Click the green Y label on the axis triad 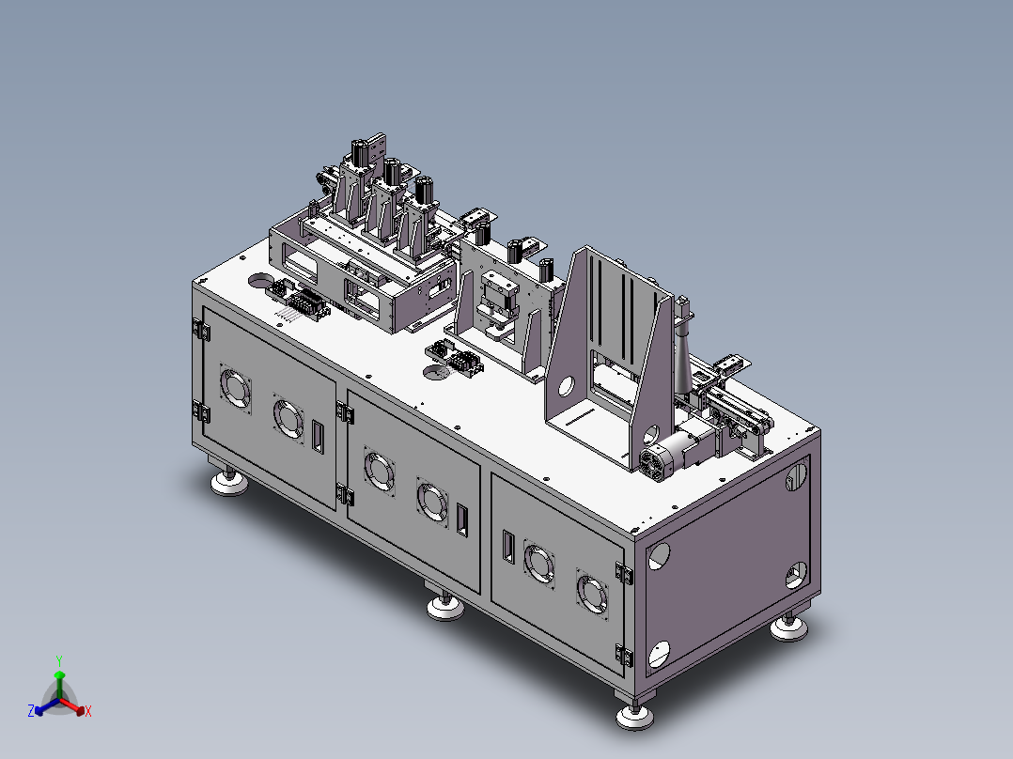coord(59,660)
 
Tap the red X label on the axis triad coord(88,711)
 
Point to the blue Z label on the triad coord(31,710)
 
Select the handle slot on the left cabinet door coord(318,437)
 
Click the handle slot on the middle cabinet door coord(462,519)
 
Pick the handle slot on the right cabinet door coord(508,547)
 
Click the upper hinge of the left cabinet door coord(200,330)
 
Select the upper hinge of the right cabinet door coord(623,572)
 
